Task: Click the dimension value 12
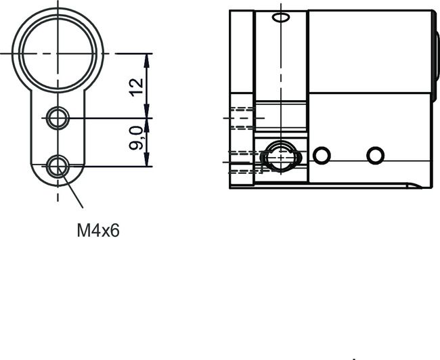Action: pyautogui.click(x=137, y=86)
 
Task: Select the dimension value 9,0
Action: pyautogui.click(x=137, y=138)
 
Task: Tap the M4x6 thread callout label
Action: pyautogui.click(x=97, y=231)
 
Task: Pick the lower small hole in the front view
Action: pyautogui.click(x=58, y=165)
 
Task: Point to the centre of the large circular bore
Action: pyautogui.click(x=58, y=52)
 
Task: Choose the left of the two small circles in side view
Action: pyautogui.click(x=322, y=156)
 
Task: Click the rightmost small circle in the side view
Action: pyautogui.click(x=375, y=155)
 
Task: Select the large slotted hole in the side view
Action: pyautogui.click(x=280, y=158)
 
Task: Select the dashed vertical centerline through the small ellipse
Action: pyautogui.click(x=278, y=68)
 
